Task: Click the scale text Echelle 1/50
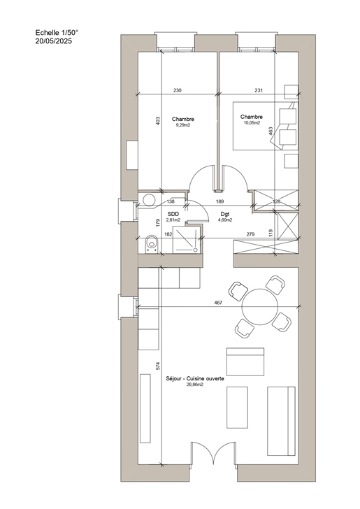[x=57, y=32]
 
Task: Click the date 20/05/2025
[x=54, y=41]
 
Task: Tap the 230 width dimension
[x=178, y=90]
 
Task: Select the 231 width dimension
[x=259, y=90]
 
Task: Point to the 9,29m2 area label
[x=183, y=125]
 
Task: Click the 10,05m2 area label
[x=252, y=123]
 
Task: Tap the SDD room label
[x=173, y=214]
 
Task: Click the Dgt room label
[x=225, y=214]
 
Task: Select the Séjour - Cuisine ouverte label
[x=195, y=378]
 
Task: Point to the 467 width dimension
[x=219, y=303]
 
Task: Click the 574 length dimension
[x=158, y=366]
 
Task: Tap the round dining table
[x=260, y=307]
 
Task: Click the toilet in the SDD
[x=151, y=244]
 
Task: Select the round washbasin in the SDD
[x=149, y=200]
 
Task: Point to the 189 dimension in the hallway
[x=219, y=201]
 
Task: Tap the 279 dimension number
[x=250, y=234]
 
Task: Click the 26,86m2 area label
[x=195, y=385]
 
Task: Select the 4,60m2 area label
[x=225, y=220]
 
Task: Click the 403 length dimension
[x=158, y=122]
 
